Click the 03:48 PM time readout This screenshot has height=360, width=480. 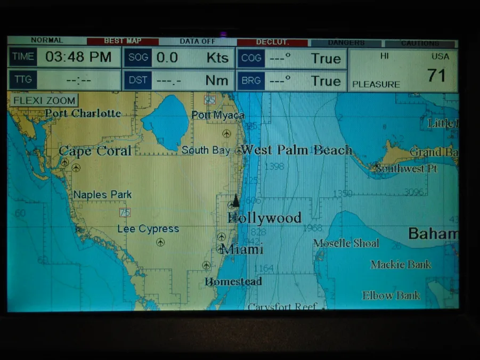pos(78,58)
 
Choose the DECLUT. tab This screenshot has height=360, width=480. pos(272,42)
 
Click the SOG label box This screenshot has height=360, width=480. pos(137,58)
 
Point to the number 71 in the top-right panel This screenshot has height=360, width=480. pos(436,75)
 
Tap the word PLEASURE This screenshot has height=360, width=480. pos(376,84)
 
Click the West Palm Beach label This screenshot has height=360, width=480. pos(296,150)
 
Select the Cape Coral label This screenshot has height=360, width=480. pos(95,151)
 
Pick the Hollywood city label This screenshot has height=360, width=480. pos(265,218)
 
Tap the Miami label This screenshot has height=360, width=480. pos(242,249)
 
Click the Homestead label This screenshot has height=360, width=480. pos(233,282)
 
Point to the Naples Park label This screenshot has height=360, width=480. pos(102,195)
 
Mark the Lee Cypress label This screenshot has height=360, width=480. pos(148,229)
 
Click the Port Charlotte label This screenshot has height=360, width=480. pos(83,113)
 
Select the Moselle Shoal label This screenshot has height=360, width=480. pos(346,243)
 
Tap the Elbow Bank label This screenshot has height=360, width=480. pos(391,296)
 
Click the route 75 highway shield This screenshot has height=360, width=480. pos(125,212)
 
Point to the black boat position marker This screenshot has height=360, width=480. pos(235,201)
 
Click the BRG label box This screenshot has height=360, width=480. pos(250,81)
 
